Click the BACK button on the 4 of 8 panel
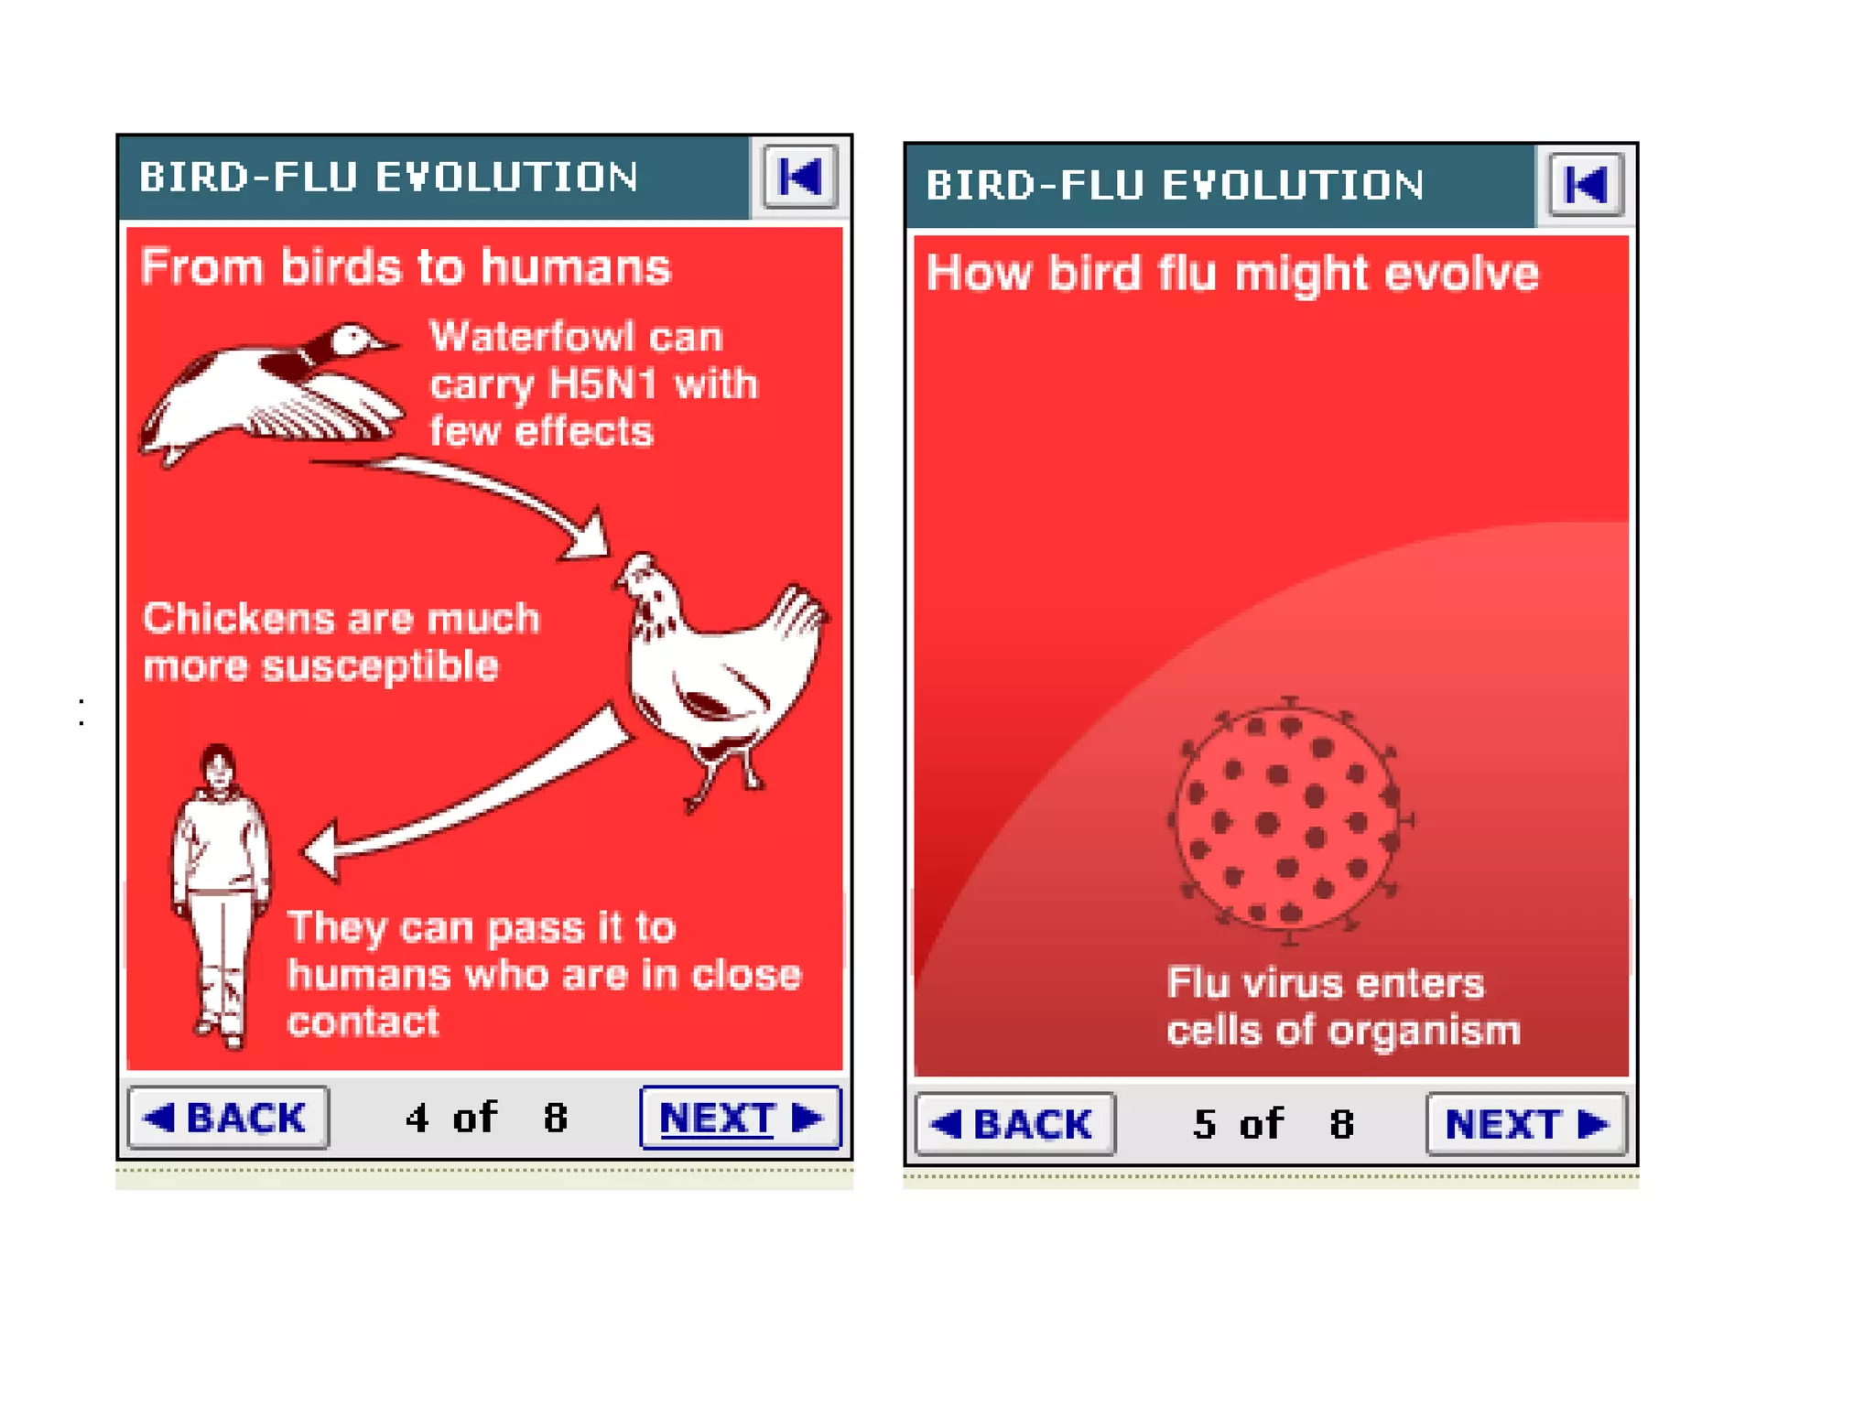[228, 1118]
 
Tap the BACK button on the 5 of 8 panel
[1014, 1124]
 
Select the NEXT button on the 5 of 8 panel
[1526, 1124]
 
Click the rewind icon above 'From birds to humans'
[800, 177]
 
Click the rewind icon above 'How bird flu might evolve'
[1586, 185]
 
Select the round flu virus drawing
[1290, 819]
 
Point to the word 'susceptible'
[380, 666]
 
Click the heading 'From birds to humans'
[406, 267]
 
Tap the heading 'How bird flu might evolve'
[1232, 274]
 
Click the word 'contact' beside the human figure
[363, 1022]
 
